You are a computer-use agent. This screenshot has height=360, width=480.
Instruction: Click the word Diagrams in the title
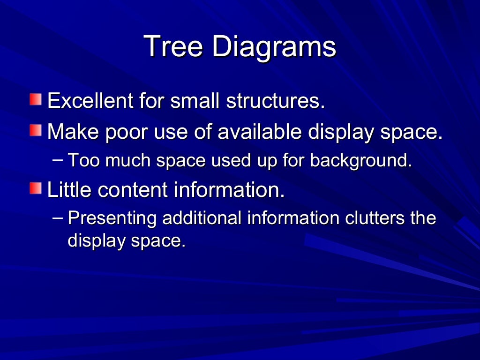coord(274,47)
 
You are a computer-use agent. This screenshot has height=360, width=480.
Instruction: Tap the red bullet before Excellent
coord(36,100)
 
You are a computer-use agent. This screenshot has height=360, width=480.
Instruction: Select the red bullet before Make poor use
coord(36,131)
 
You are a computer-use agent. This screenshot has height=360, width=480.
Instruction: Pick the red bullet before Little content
coord(36,189)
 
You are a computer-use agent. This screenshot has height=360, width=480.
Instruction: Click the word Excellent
coord(89,101)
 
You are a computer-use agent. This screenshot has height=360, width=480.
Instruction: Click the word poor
coord(126,132)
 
